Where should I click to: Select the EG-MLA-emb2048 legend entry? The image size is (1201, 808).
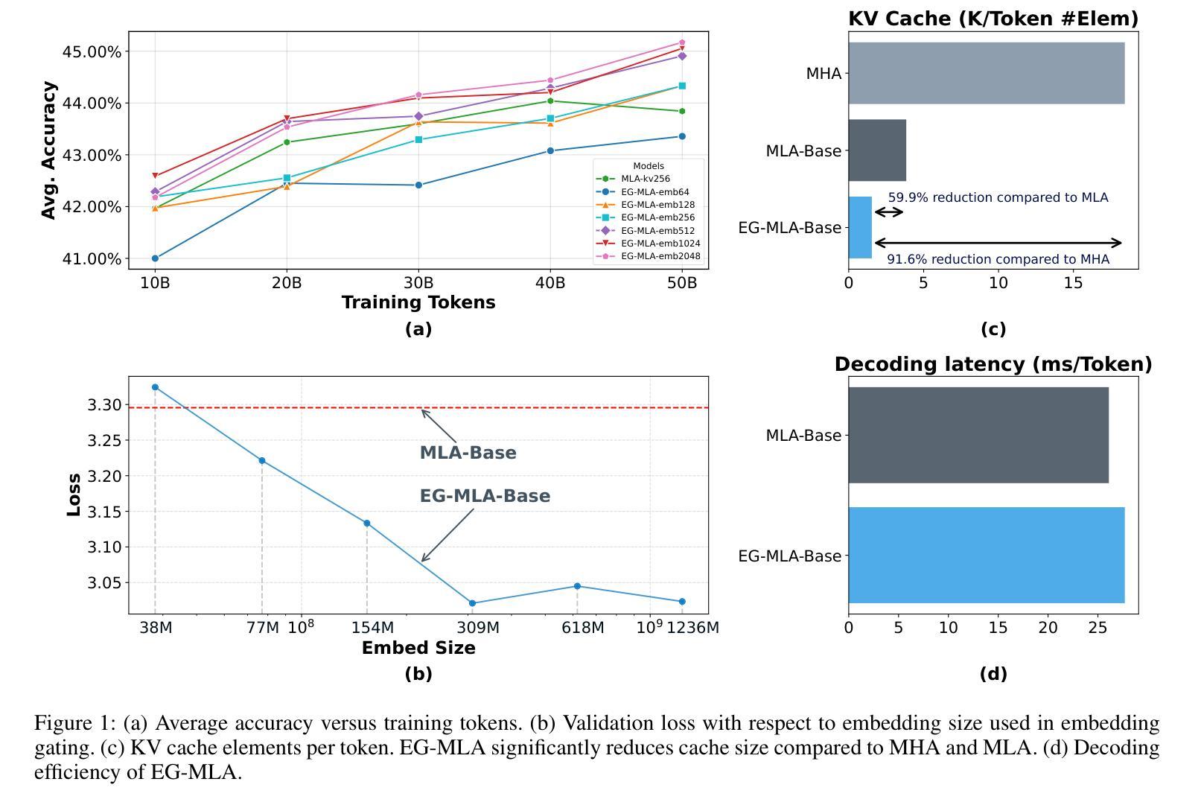(x=660, y=256)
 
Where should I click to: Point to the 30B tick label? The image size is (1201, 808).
(x=418, y=283)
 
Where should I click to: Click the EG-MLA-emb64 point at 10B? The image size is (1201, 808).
(x=155, y=258)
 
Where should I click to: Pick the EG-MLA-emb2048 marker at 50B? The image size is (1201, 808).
(x=682, y=42)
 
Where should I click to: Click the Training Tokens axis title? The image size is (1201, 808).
(x=418, y=302)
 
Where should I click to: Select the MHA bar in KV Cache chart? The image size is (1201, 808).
(x=986, y=73)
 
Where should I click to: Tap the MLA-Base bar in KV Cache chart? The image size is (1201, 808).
(x=877, y=150)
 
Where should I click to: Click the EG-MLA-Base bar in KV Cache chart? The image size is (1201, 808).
(x=860, y=228)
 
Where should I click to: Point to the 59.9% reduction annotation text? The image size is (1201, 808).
(x=998, y=197)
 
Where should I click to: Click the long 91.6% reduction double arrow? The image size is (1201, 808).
(x=998, y=243)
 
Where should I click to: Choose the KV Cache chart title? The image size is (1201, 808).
(x=993, y=19)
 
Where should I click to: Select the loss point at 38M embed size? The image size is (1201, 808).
(x=155, y=387)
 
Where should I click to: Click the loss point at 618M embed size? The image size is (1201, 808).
(x=577, y=586)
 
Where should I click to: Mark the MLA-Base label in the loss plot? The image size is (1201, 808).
(x=468, y=453)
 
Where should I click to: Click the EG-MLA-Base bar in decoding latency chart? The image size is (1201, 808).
(x=986, y=556)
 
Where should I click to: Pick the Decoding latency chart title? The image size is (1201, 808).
(x=993, y=364)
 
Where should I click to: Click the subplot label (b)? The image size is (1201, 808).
(x=418, y=674)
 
